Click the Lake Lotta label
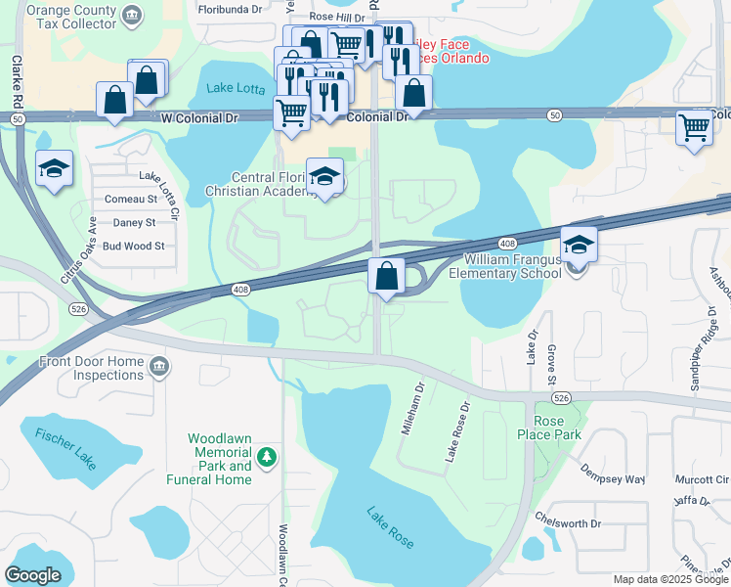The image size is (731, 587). point(236,89)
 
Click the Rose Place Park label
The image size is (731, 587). point(549,428)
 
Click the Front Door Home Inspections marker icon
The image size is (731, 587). point(158,368)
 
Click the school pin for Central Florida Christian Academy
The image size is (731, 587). point(325,177)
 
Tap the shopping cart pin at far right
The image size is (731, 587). point(694,127)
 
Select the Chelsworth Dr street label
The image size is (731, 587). point(568,523)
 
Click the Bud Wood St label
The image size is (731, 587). point(134,247)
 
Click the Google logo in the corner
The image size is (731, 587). point(32,575)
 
